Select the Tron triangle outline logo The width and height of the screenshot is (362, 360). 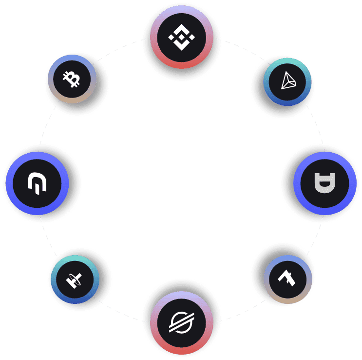click(x=288, y=81)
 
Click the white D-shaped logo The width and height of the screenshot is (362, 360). click(x=324, y=183)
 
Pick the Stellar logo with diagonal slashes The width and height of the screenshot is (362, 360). click(x=181, y=322)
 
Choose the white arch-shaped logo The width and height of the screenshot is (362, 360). click(x=37, y=183)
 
